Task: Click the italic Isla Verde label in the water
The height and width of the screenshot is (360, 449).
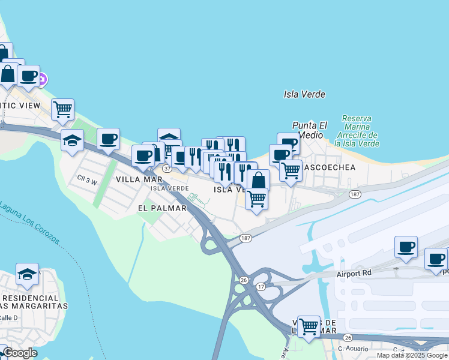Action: pos(304,94)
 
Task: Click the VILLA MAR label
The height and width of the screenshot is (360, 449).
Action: pos(139,179)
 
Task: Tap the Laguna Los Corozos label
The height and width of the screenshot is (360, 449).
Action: pos(29,222)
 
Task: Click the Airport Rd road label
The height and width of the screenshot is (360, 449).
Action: pos(355,272)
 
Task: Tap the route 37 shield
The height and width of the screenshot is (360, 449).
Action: pos(167,169)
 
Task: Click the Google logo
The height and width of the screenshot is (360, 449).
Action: pos(19,353)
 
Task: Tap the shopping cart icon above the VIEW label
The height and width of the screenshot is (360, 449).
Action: pos(62,109)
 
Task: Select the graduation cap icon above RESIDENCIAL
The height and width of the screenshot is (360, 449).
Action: pos(27,274)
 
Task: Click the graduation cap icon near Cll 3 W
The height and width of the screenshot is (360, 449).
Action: pos(73,140)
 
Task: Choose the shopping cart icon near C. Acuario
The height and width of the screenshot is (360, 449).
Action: pos(309,326)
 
